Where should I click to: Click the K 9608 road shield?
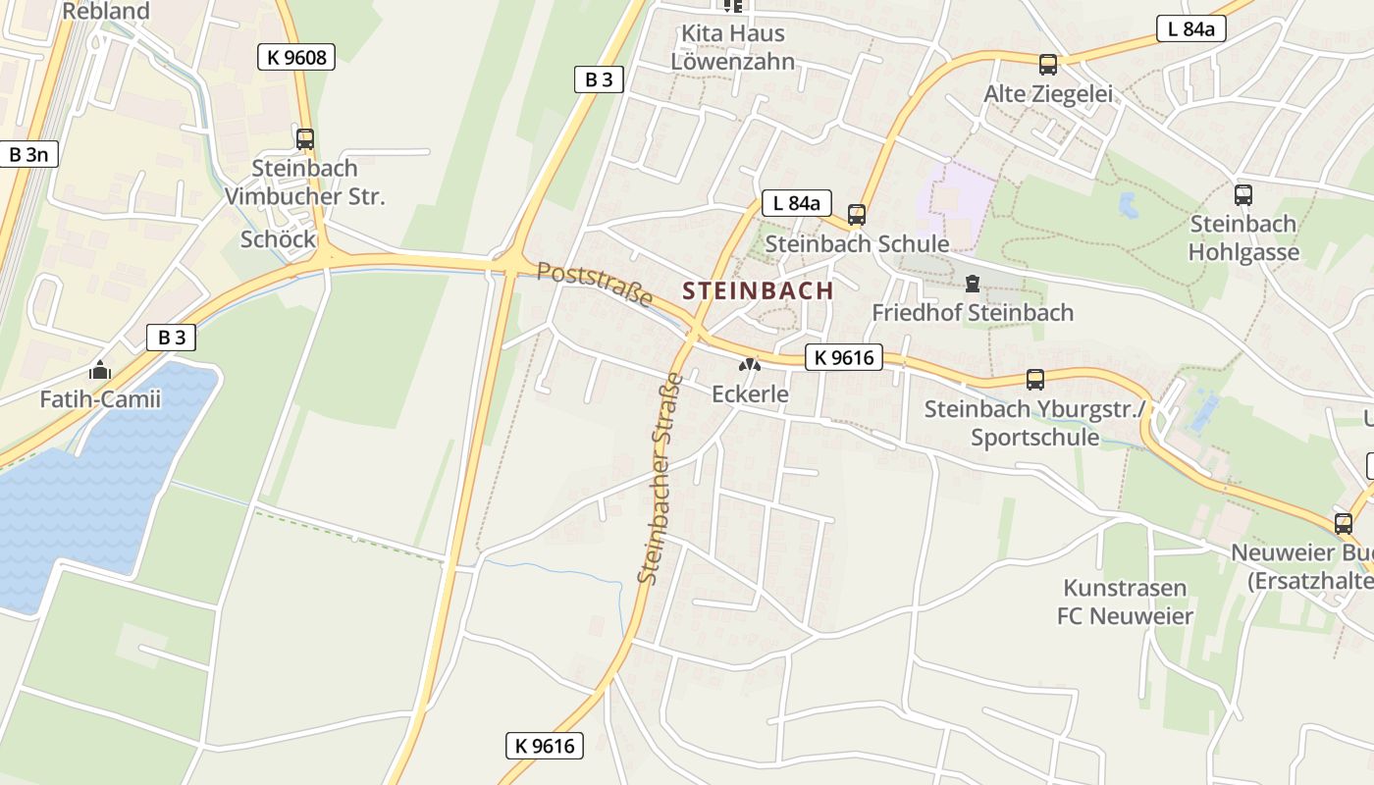coord(296,57)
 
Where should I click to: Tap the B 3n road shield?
coord(28,154)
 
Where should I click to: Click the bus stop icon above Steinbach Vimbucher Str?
coord(305,139)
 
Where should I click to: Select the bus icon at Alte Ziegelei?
coord(1048,66)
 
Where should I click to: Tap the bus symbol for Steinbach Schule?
coord(857,215)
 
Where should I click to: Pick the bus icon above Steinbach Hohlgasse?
coord(1243,195)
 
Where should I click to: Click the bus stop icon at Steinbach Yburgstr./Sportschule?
coord(1035,380)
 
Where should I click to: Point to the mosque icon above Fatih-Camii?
coord(99,371)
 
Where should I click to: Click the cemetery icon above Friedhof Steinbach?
coord(972,285)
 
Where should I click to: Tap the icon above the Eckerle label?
coord(750,365)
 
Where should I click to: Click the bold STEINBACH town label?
coord(758,290)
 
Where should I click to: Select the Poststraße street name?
coord(595,284)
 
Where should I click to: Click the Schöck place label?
coord(278,239)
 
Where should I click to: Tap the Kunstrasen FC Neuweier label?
coord(1125,602)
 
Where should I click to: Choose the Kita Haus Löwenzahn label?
coord(733,47)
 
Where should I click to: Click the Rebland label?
coord(106,12)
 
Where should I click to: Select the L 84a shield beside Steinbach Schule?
coord(796,203)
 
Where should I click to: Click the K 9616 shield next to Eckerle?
coord(844,357)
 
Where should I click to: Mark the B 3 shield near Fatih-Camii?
coord(172,338)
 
